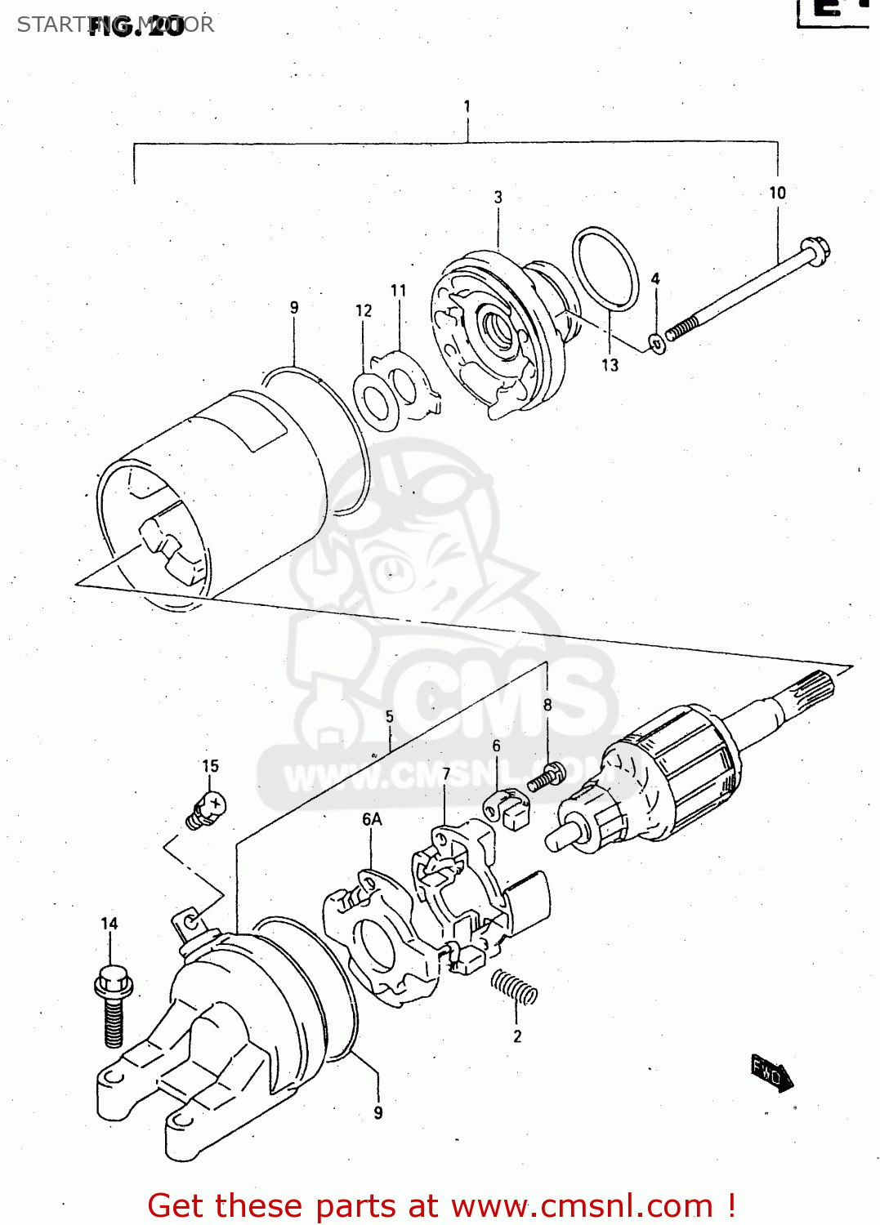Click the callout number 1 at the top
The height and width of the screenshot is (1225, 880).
point(467,106)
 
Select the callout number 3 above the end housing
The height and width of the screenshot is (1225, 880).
point(498,197)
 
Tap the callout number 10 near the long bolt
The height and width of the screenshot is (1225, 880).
point(777,193)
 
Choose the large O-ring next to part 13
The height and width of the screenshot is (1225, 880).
point(605,269)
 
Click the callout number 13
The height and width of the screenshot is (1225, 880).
point(610,365)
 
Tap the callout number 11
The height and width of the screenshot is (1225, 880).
point(398,290)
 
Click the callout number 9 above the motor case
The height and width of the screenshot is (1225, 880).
point(294,307)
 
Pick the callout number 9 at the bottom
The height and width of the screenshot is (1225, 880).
point(377,1112)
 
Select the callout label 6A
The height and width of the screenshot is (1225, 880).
point(372,819)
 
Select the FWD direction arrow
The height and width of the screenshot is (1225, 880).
point(771,1073)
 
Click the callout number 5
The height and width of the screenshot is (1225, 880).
point(390,716)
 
